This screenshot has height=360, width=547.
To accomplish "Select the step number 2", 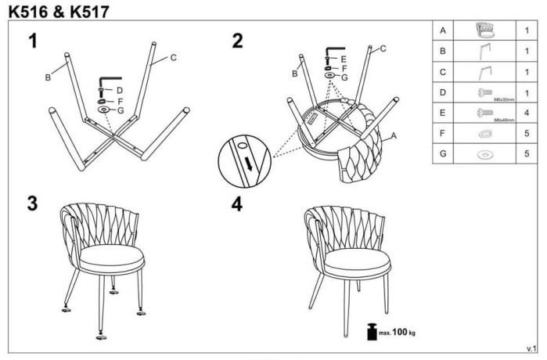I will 237,41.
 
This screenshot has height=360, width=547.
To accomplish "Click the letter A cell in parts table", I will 443,31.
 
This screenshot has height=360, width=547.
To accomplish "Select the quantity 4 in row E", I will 527,113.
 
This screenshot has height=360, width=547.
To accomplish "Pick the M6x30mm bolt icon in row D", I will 483,92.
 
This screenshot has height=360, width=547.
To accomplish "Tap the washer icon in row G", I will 485,154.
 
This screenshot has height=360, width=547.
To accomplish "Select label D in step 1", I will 119,92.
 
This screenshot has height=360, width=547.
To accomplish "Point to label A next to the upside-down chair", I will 394,135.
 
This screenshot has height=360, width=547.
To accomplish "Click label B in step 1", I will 48,77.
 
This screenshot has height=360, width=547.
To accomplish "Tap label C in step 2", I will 383,49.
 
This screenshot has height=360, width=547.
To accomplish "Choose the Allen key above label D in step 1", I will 109,81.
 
